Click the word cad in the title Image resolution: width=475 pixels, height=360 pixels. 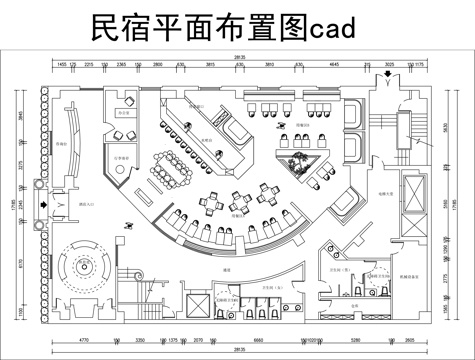(x=327, y=32)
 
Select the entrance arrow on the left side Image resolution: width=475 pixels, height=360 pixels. (x=40, y=199)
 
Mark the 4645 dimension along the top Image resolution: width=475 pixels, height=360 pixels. (x=335, y=64)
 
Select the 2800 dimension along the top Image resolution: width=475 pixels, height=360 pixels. (x=158, y=64)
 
